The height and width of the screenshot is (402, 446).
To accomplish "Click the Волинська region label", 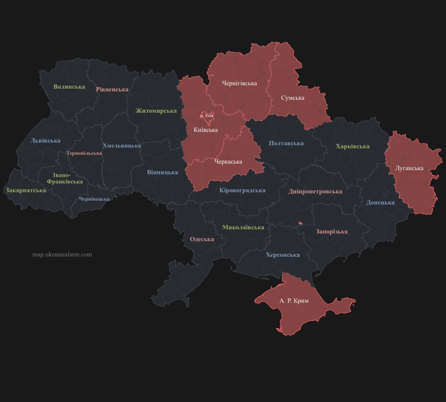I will point(69,87).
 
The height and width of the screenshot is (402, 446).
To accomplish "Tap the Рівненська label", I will point(112,89).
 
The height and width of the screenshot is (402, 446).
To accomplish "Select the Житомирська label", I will point(156,111).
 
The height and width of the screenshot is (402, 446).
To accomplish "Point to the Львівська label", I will point(45,140).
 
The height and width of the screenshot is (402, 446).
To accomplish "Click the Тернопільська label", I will point(84,153).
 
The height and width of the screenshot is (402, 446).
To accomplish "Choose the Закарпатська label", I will point(26,190).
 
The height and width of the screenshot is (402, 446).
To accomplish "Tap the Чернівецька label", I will point(94,199).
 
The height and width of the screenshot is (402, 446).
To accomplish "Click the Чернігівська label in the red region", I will point(239,83).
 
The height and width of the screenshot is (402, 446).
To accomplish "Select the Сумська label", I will point(292,98).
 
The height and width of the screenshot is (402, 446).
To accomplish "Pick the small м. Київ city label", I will point(207,115).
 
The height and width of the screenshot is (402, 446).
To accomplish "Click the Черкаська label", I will point(228,162).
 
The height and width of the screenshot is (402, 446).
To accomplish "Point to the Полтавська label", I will point(286,143).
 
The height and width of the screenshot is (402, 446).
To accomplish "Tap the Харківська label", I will point(353,146).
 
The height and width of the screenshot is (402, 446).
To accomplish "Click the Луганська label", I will point(409,168).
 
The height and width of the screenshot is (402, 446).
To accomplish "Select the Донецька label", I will point(380,203).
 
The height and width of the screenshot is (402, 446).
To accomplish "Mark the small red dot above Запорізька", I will point(300,223).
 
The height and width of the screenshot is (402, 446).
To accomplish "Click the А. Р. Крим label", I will point(294,301).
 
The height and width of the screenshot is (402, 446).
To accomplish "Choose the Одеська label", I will point(202,239).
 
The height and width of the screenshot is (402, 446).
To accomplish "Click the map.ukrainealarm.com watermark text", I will point(62,254).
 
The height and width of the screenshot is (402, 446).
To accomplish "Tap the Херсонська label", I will point(283,255).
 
